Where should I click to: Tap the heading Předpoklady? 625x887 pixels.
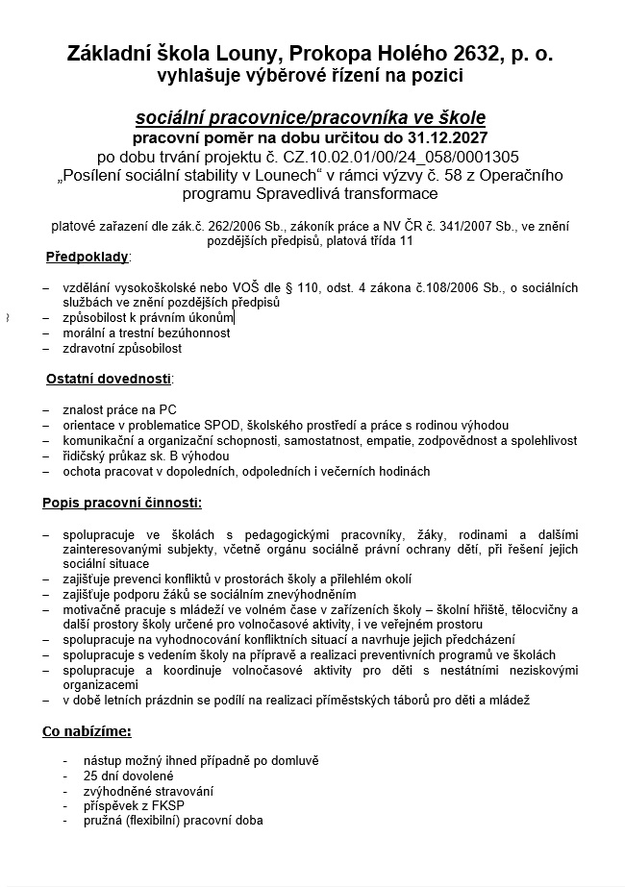pyautogui.click(x=87, y=258)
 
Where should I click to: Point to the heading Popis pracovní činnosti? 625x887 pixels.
pyautogui.click(x=121, y=502)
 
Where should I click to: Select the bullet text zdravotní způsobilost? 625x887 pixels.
pyautogui.click(x=122, y=348)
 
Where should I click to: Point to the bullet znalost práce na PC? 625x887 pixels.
pyautogui.click(x=119, y=409)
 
